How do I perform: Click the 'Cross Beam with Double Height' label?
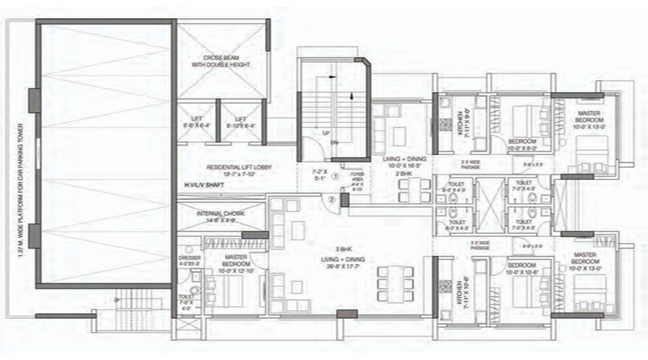click(x=221, y=61)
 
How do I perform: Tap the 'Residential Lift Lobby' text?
click(x=239, y=170)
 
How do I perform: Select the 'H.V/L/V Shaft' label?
click(x=204, y=185)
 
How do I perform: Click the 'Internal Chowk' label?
click(x=221, y=217)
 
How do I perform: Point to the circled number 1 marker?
click(x=335, y=176)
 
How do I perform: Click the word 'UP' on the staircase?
click(x=326, y=133)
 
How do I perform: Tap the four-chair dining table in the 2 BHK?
click(x=414, y=190)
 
